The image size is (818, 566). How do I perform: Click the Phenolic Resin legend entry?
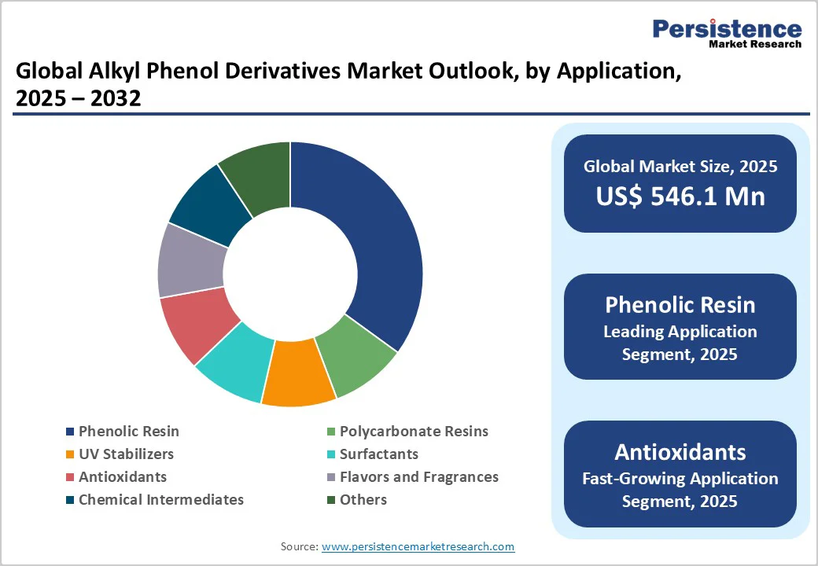coord(128,431)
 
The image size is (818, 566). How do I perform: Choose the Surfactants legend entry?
coord(378,454)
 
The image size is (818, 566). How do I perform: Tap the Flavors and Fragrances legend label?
coord(418,476)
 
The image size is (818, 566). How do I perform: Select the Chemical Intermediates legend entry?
coord(160,499)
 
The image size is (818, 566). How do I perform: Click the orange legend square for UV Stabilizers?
coord(70,454)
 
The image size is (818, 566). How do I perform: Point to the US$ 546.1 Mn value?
coord(680,196)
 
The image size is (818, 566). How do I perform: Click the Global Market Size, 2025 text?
coord(680,167)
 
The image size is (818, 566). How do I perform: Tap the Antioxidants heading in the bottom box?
coord(680,452)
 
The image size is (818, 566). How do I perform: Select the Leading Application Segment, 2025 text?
coord(680,343)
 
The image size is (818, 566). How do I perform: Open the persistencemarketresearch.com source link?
coord(418,546)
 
